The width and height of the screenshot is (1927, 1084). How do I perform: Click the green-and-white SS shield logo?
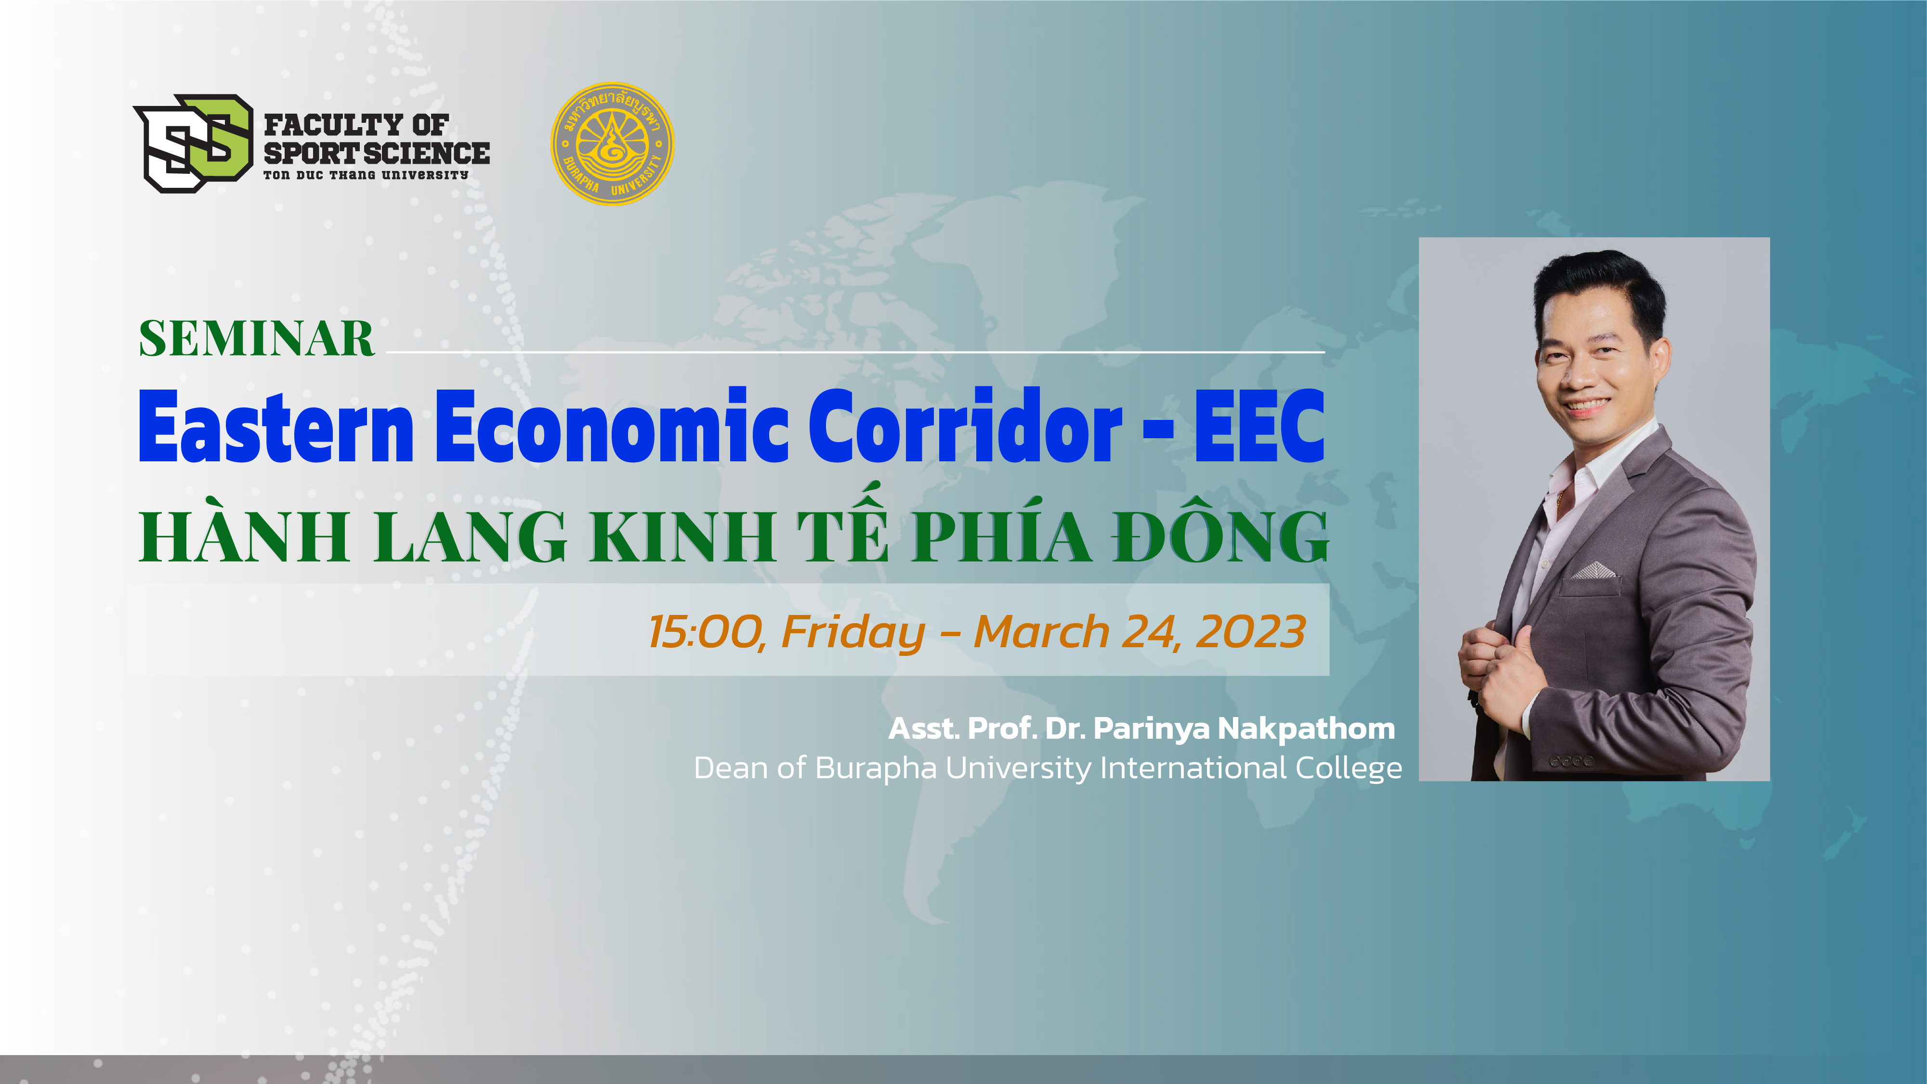[194, 143]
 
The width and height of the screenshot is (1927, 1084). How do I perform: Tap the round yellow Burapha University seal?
[612, 144]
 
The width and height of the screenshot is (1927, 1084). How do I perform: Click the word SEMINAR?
[257, 339]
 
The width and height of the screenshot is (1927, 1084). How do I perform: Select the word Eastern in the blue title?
[276, 427]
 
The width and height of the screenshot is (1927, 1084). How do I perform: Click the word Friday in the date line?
[853, 633]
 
